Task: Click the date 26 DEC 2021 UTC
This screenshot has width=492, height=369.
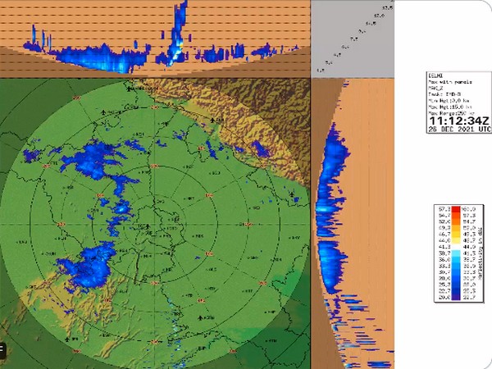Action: click(458, 129)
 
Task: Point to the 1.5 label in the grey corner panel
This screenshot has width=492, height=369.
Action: click(319, 71)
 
